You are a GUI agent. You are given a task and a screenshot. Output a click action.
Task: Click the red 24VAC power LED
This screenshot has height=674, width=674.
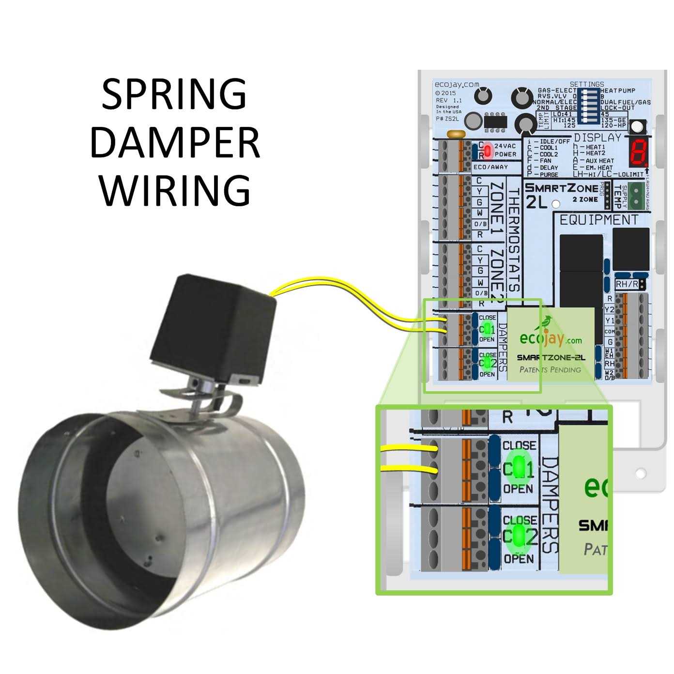coord(488,151)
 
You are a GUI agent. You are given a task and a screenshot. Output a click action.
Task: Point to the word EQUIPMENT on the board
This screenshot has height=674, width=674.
coord(598,220)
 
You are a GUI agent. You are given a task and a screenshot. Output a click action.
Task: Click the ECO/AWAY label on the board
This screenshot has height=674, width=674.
coord(490,167)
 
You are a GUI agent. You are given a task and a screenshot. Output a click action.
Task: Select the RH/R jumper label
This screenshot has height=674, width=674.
coord(627,284)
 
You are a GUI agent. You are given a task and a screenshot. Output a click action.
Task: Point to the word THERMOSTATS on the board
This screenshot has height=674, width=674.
coord(515,240)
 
